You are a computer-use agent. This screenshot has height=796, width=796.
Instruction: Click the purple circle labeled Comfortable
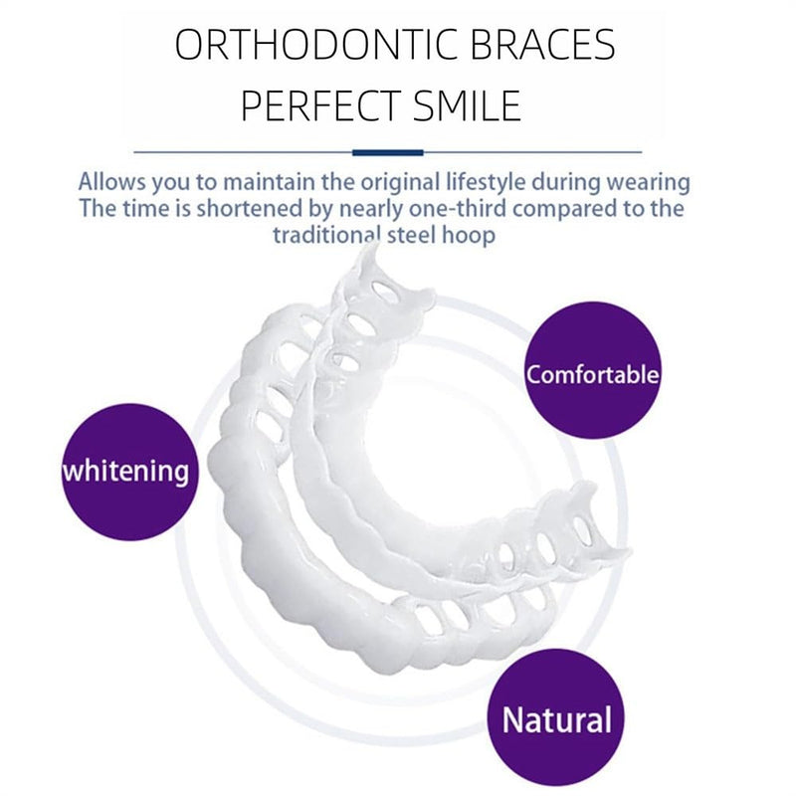point(593,375)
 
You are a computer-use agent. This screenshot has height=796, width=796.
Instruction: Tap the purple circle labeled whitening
point(125,471)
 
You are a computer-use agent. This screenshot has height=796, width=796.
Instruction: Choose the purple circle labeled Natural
point(555,718)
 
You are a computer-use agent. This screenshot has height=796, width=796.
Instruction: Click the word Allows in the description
point(109,183)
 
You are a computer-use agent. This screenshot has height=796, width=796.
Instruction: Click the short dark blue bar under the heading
point(389,152)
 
